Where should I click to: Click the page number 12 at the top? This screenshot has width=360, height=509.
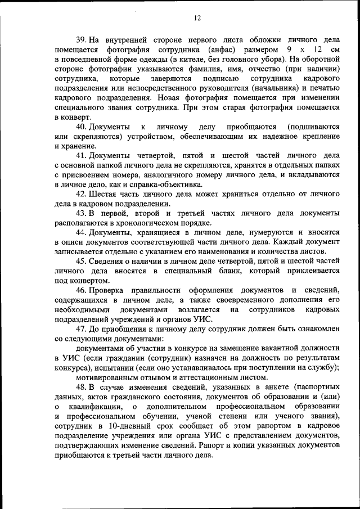[197, 17]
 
